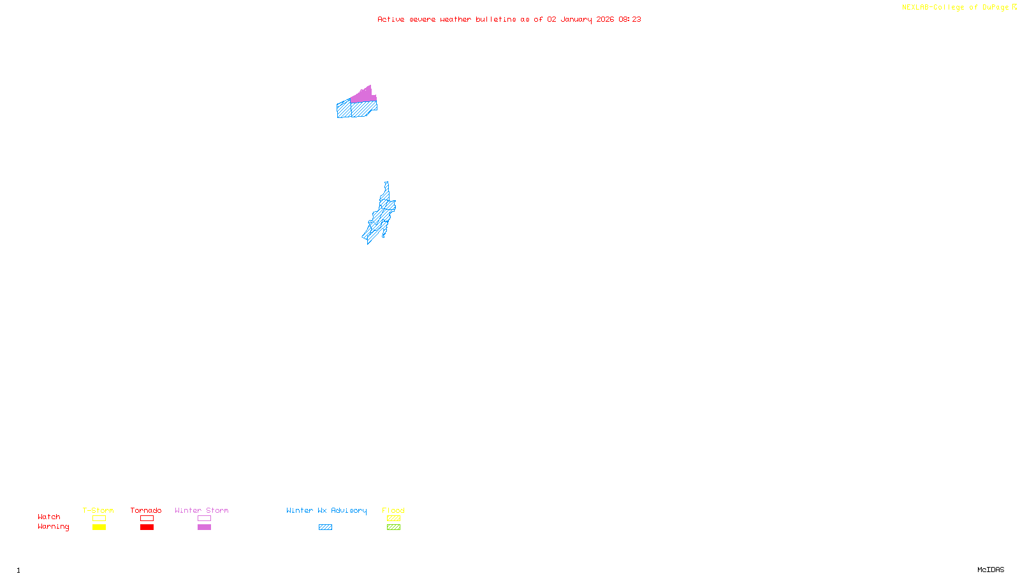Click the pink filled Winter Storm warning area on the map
[363, 96]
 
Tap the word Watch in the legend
[49, 517]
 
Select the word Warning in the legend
[54, 527]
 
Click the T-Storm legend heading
[98, 510]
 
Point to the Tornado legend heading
[146, 510]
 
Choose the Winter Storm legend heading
[201, 510]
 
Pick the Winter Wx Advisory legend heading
[326, 510]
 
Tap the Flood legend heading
[393, 510]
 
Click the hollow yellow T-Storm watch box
[99, 519]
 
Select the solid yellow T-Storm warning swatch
[99, 527]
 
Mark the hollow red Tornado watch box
[147, 519]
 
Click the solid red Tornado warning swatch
[147, 527]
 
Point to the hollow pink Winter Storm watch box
[204, 519]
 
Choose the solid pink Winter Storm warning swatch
[204, 527]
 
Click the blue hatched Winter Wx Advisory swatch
[325, 527]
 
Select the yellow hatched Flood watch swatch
[393, 519]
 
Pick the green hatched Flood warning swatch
[393, 527]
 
